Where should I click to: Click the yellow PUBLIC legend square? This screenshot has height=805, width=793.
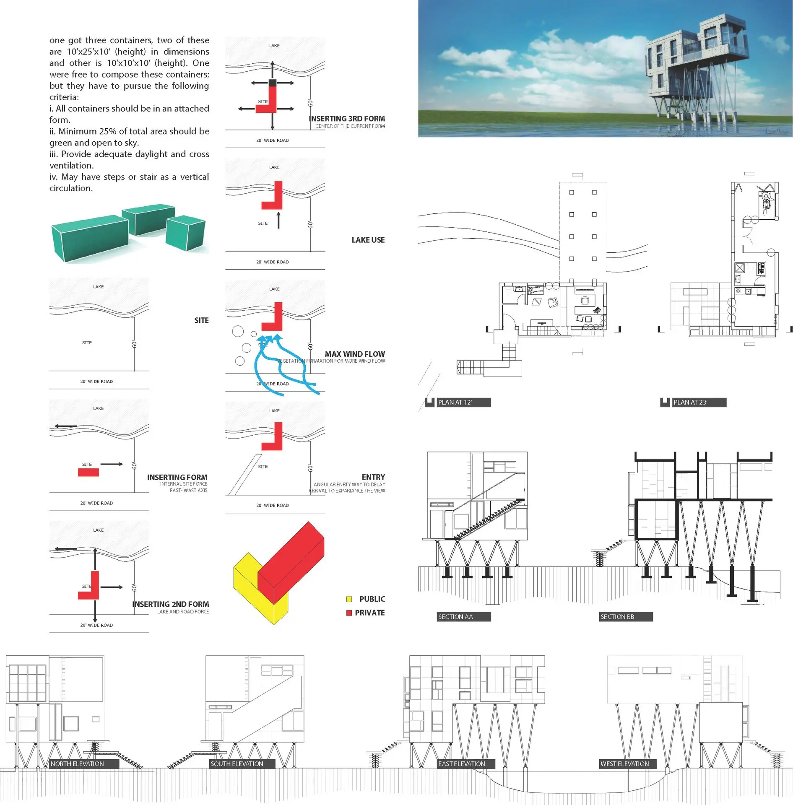pyautogui.click(x=349, y=600)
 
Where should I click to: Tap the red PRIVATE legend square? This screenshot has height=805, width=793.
pyautogui.click(x=349, y=613)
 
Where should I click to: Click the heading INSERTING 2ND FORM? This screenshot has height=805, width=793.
pyautogui.click(x=170, y=604)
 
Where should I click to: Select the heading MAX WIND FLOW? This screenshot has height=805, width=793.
pyautogui.click(x=354, y=354)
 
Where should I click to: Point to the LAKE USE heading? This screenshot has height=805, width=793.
pyautogui.click(x=368, y=240)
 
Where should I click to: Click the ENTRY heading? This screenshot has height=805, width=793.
pyautogui.click(x=373, y=477)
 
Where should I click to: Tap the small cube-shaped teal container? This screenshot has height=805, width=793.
pyautogui.click(x=185, y=233)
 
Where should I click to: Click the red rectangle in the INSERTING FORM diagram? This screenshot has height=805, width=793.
pyautogui.click(x=88, y=473)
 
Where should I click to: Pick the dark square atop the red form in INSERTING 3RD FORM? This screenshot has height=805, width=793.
pyautogui.click(x=272, y=83)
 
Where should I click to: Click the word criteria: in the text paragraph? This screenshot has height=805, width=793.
pyautogui.click(x=64, y=97)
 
